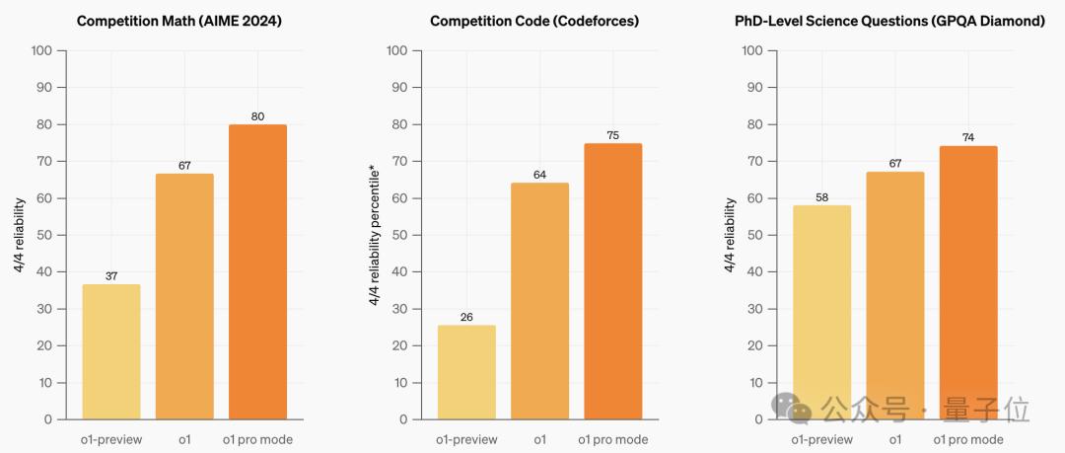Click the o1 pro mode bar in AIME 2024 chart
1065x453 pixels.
257,271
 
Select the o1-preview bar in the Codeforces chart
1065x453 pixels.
466,372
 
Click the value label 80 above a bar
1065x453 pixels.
257,116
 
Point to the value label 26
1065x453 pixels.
466,317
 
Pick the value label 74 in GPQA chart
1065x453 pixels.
968,138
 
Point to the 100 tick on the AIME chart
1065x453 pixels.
42,49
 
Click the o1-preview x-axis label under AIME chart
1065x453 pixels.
111,439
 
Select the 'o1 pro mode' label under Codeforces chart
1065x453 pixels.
613,439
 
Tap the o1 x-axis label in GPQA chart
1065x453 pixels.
895,439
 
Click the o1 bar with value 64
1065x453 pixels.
539,301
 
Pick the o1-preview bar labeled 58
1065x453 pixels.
821,312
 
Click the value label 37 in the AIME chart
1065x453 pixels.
111,276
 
